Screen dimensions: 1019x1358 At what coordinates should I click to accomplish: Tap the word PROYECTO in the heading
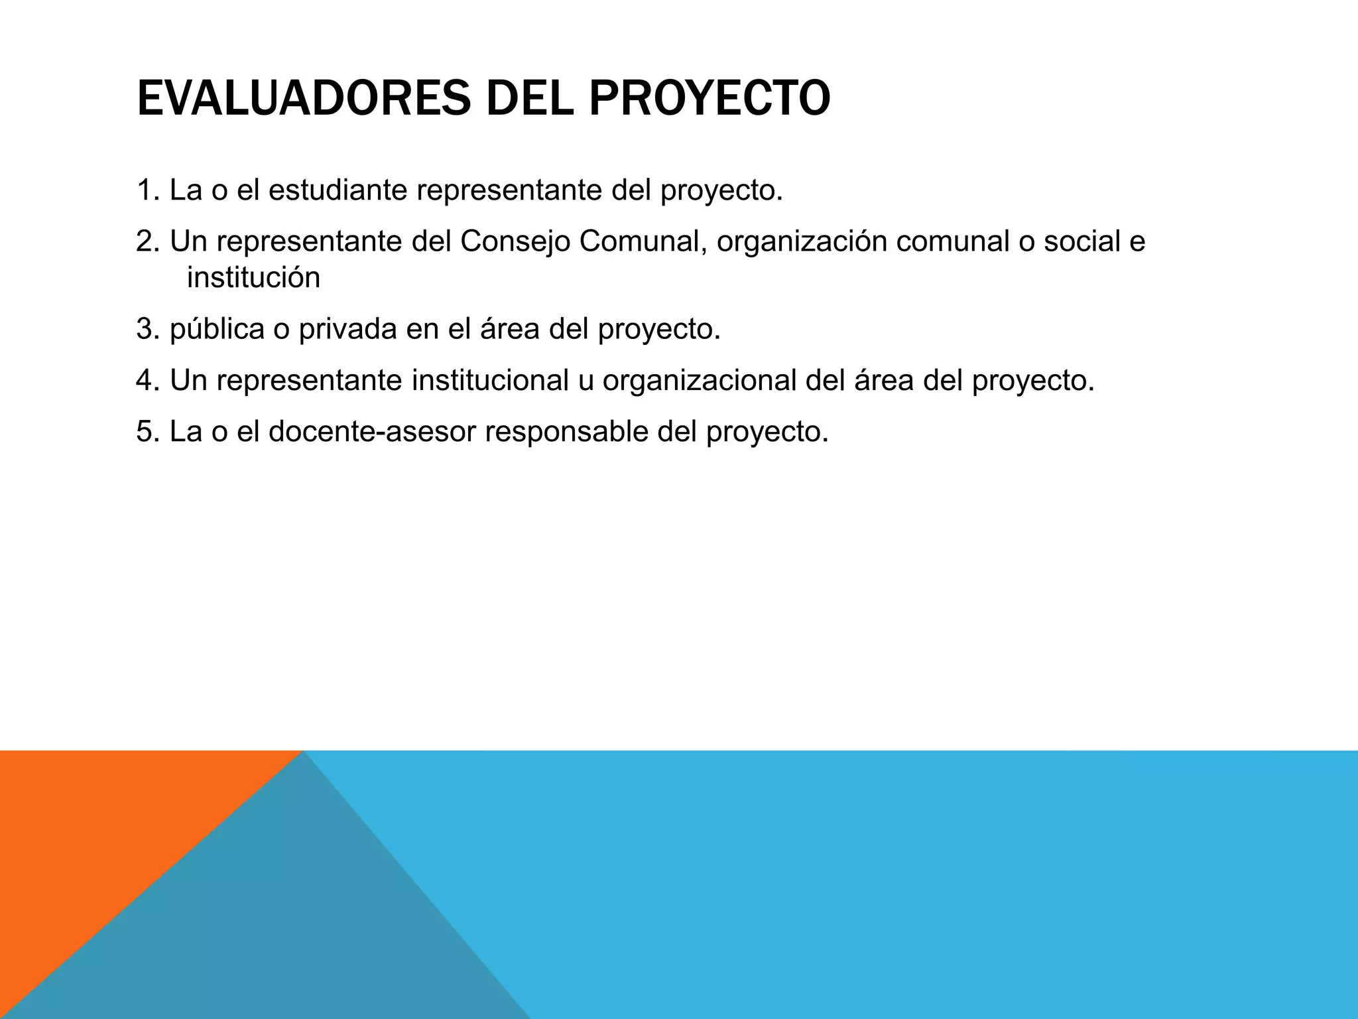click(709, 99)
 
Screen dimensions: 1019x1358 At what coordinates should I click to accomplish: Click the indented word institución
click(253, 278)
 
